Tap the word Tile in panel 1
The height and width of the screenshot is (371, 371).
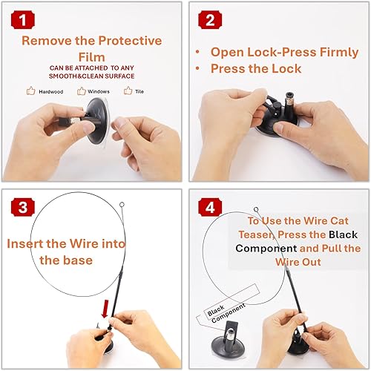point(139,91)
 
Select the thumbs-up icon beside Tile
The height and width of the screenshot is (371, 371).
point(128,91)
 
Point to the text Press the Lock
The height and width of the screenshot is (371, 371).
point(256,68)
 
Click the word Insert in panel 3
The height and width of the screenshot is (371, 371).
point(30,243)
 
